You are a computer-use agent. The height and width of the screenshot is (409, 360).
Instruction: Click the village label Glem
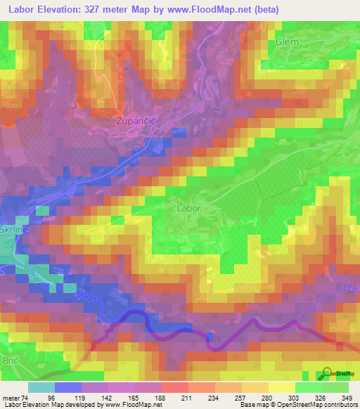click(288, 41)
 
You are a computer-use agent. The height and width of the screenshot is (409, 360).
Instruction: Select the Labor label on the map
click(188, 208)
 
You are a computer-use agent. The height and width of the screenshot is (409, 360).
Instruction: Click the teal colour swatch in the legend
click(41, 387)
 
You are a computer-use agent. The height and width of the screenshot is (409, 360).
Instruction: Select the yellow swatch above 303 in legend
click(282, 387)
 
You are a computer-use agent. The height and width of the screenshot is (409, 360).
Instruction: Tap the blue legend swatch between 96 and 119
click(68, 387)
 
